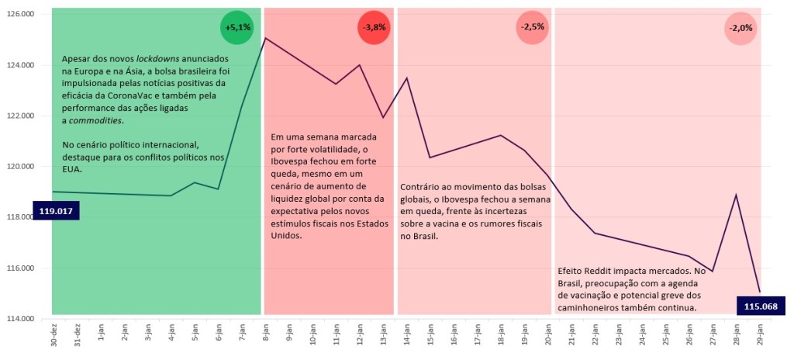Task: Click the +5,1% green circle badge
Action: pyautogui.click(x=237, y=27)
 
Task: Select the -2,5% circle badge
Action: pyautogui.click(x=533, y=27)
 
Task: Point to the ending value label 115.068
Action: pyautogui.click(x=761, y=306)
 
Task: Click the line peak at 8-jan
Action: pyautogui.click(x=265, y=38)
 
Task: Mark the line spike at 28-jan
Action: pyautogui.click(x=736, y=195)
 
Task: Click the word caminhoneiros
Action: pyautogui.click(x=592, y=308)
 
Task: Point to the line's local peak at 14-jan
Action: pyautogui.click(x=407, y=78)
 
